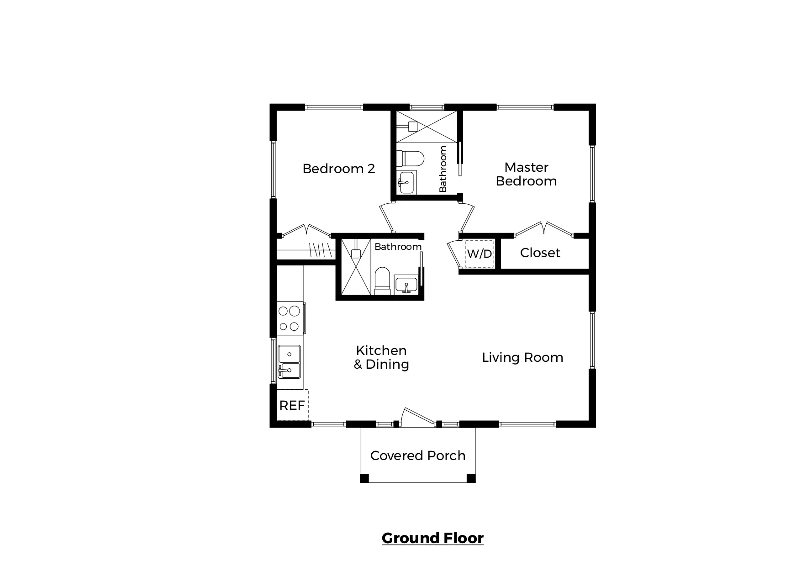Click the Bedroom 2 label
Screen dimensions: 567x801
coord(338,169)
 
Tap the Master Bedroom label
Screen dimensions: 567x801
coord(526,174)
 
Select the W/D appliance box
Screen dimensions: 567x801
coord(479,254)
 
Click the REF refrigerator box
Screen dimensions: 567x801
coord(292,405)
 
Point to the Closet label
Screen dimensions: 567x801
coord(540,253)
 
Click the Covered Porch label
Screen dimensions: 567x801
coord(417,456)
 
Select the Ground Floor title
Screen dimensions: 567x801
coord(432,538)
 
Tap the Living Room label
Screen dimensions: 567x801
coord(522,357)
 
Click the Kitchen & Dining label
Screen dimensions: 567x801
coord(381,357)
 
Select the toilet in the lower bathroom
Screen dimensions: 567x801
coord(382,280)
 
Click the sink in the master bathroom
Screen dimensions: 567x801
coord(406,182)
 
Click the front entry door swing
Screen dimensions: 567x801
coord(416,415)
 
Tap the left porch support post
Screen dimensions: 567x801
coord(364,478)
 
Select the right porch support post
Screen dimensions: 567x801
coord(471,478)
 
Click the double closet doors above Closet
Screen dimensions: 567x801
coord(543,229)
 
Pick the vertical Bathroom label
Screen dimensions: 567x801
coord(443,169)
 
